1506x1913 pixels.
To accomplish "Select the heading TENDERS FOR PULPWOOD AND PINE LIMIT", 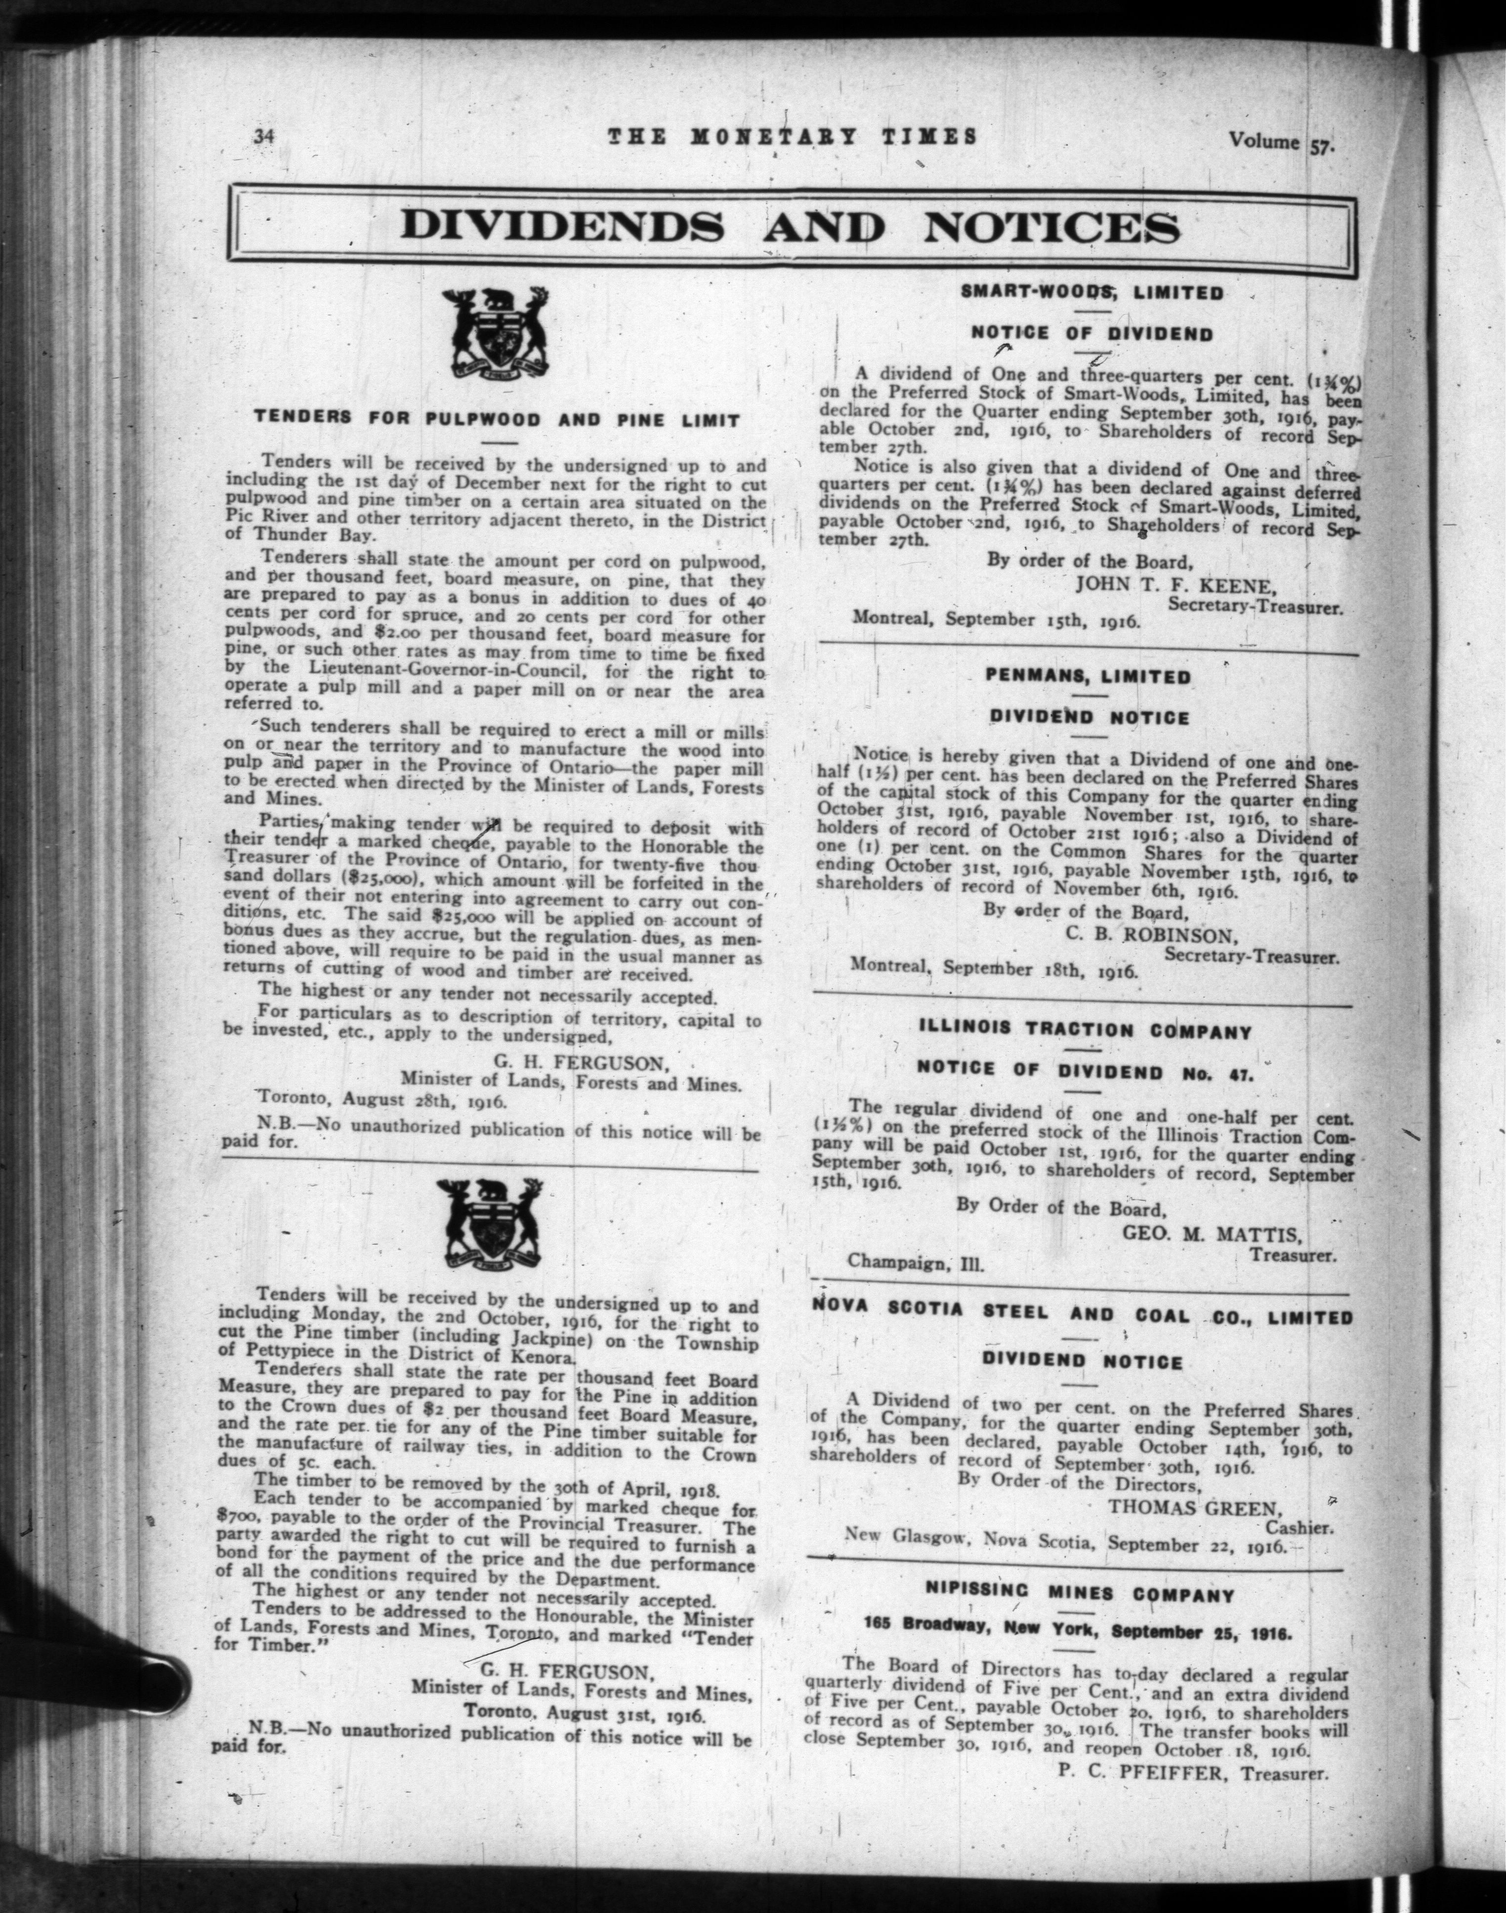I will click(497, 420).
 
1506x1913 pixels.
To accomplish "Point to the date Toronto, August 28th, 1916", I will click(379, 1099).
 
